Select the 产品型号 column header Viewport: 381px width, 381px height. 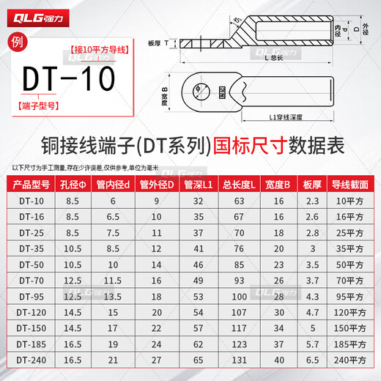(32, 184)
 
